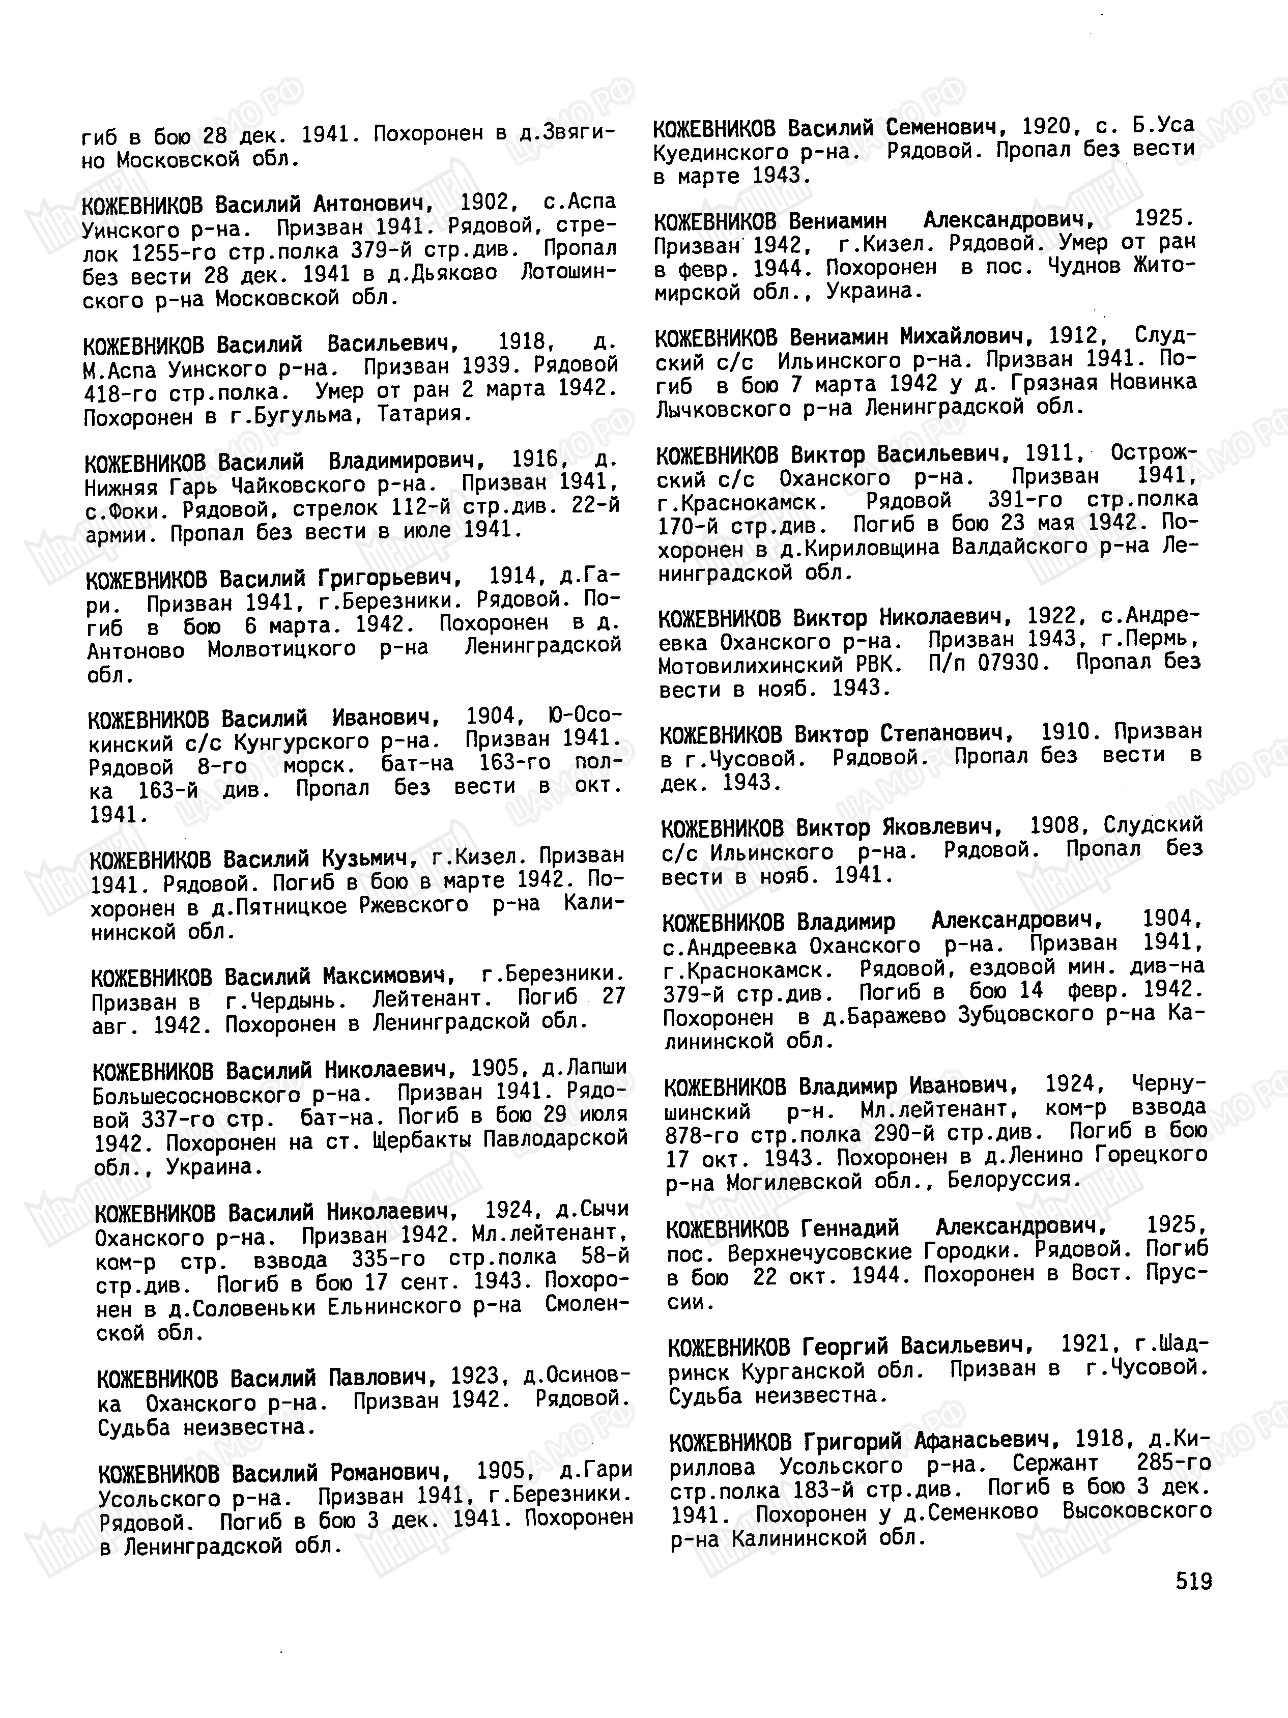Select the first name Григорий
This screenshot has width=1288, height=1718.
click(852, 1442)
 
